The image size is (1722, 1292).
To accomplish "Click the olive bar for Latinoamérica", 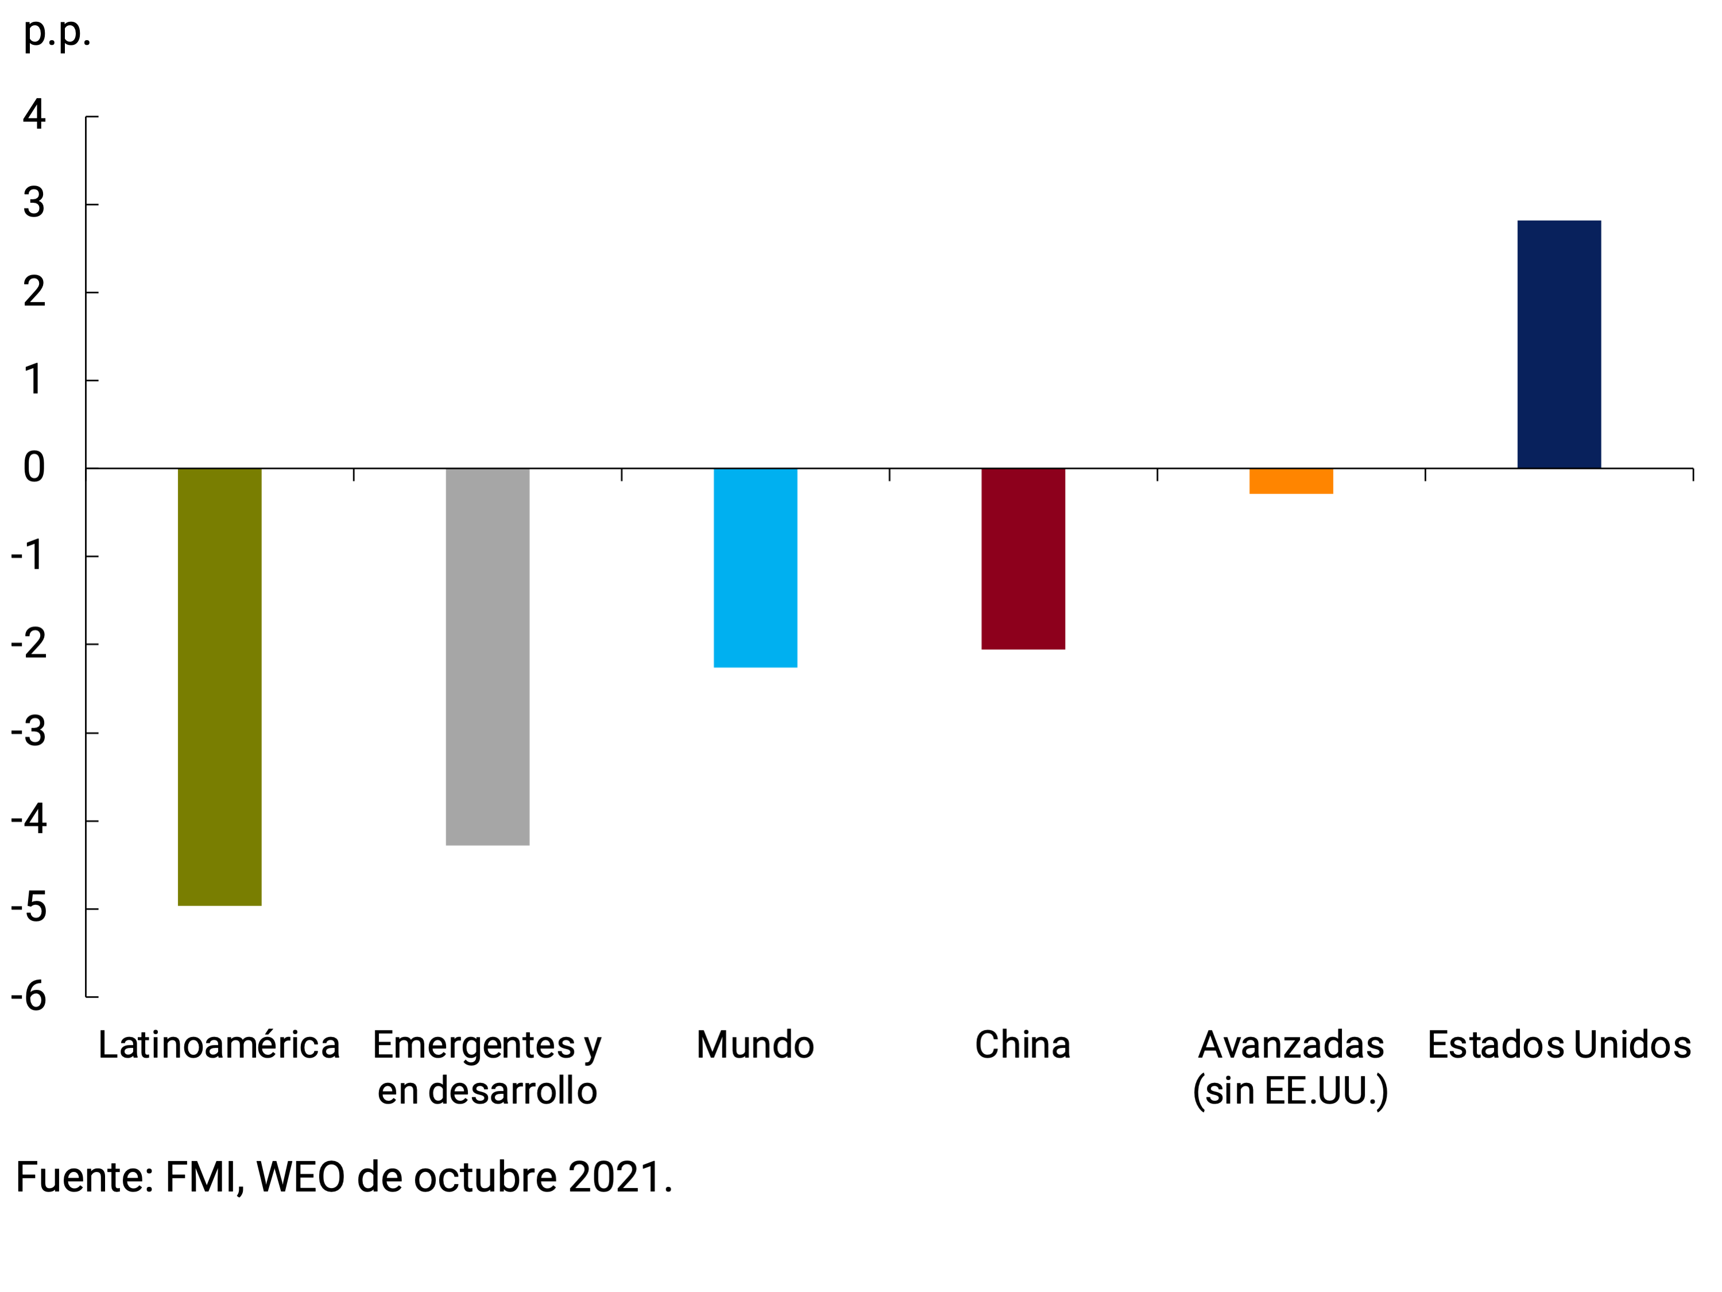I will coord(219,686).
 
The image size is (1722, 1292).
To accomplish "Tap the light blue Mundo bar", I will coord(755,567).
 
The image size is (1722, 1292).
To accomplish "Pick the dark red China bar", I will coord(1023,558).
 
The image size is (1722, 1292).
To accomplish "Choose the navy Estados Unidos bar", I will coord(1558,344).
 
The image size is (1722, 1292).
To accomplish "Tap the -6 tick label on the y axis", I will coord(29,996).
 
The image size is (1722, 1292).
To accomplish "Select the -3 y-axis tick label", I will coord(29,732).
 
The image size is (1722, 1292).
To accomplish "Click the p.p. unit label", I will coord(57,33).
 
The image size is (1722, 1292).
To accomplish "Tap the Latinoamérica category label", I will coord(219,1045).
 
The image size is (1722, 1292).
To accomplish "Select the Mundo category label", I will coord(755,1045).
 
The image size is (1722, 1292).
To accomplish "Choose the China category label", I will coord(1023,1045).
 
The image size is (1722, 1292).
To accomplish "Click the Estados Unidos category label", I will coord(1558,1045).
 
